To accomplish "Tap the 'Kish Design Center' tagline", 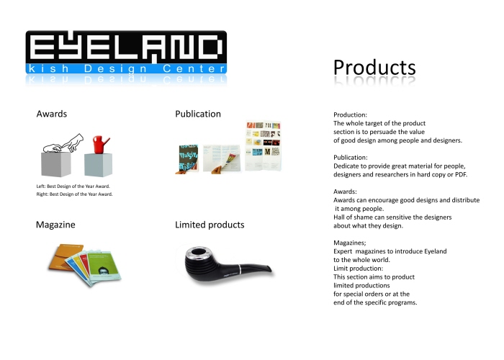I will pyautogui.click(x=126, y=69).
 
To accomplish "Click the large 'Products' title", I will pyautogui.click(x=374, y=67).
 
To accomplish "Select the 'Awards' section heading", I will pyautogui.click(x=52, y=114).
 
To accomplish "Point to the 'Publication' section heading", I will pyautogui.click(x=198, y=114).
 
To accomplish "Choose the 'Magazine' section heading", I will pyautogui.click(x=55, y=225).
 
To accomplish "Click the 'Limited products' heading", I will pyautogui.click(x=210, y=225).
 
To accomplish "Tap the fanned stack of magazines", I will pyautogui.click(x=80, y=263).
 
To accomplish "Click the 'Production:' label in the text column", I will pyautogui.click(x=351, y=115).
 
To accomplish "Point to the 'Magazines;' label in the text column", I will pyautogui.click(x=351, y=242).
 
